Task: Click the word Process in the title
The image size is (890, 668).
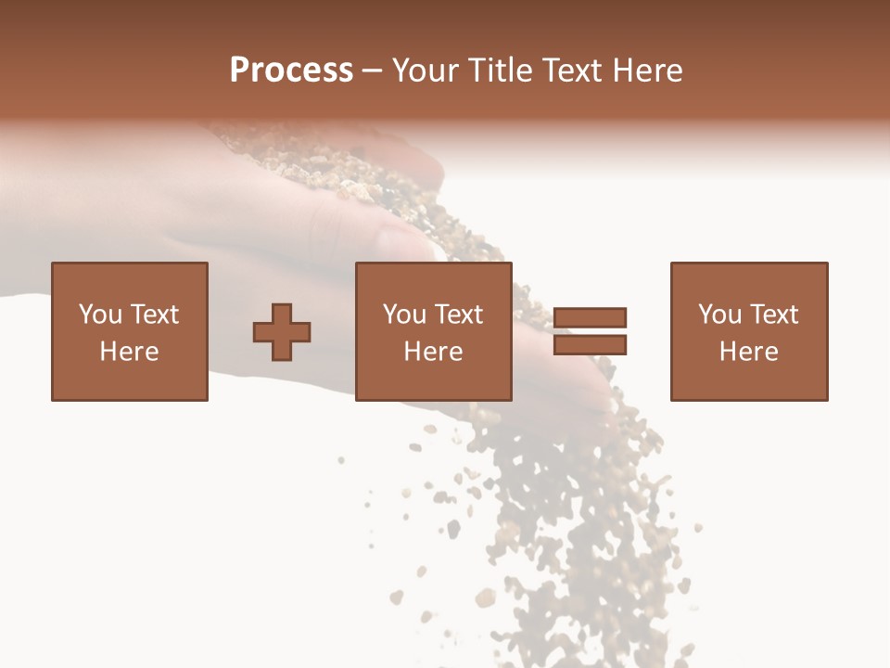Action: [x=291, y=71]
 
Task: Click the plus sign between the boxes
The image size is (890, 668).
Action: [x=282, y=332]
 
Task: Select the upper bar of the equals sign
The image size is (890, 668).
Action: [x=591, y=317]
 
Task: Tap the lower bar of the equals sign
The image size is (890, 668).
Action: [x=591, y=345]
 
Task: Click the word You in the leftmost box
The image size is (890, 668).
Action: [x=100, y=315]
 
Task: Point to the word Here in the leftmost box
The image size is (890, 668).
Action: [x=129, y=352]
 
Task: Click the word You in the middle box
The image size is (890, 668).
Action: [x=404, y=315]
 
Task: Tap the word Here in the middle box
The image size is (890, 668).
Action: [x=433, y=352]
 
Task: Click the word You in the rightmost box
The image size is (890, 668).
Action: [x=719, y=315]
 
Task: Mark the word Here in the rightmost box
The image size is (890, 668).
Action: [x=748, y=352]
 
